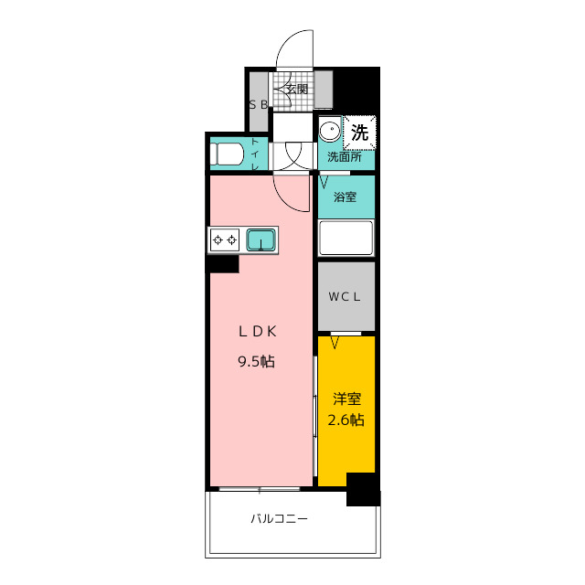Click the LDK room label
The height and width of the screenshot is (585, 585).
tap(258, 331)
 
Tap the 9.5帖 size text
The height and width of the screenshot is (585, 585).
tap(256, 361)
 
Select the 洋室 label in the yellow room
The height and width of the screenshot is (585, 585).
tap(346, 399)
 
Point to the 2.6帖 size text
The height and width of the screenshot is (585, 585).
tap(346, 420)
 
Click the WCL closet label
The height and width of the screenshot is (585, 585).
tap(345, 296)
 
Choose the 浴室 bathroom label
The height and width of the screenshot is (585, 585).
tap(345, 197)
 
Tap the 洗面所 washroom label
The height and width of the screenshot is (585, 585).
tap(345, 156)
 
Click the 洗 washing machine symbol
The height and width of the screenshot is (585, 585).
tap(359, 133)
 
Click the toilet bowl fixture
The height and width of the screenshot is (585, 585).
tap(227, 154)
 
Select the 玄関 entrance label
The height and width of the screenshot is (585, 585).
tap(297, 90)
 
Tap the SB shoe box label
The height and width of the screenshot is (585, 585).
tap(259, 105)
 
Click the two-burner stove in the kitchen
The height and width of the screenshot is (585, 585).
tap(225, 239)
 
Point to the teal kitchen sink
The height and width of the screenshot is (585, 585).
tap(261, 239)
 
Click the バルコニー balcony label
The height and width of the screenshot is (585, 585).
tap(279, 518)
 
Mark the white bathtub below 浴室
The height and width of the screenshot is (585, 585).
tap(346, 238)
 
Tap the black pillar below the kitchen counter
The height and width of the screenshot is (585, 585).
tap(223, 264)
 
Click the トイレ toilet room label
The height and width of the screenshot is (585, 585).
tap(255, 154)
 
